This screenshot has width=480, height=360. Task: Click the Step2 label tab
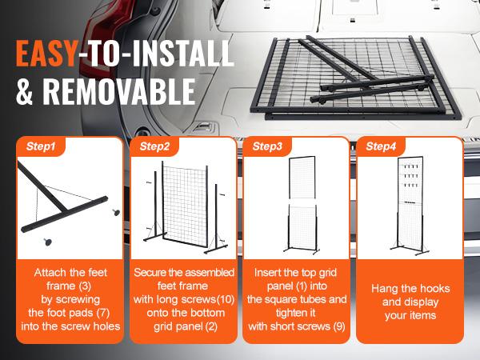point(154,146)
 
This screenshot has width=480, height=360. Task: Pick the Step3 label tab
point(267,146)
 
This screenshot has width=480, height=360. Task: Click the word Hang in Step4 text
point(386,288)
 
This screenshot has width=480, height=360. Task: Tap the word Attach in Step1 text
point(42,272)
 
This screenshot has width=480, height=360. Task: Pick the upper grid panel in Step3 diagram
point(297,180)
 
